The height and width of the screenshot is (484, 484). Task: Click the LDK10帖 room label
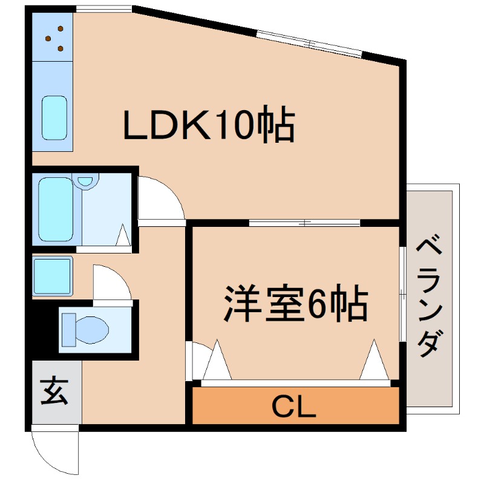click(x=209, y=125)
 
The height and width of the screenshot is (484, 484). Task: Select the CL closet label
click(x=294, y=407)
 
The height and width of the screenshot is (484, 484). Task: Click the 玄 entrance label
click(x=54, y=391)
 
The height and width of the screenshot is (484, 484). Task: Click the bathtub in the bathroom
click(x=56, y=209)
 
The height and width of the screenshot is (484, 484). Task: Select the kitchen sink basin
click(x=54, y=117)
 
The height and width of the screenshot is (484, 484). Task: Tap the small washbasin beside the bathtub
click(x=88, y=180)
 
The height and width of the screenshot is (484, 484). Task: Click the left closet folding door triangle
click(x=217, y=362)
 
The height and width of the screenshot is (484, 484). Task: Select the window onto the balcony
click(x=402, y=294)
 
